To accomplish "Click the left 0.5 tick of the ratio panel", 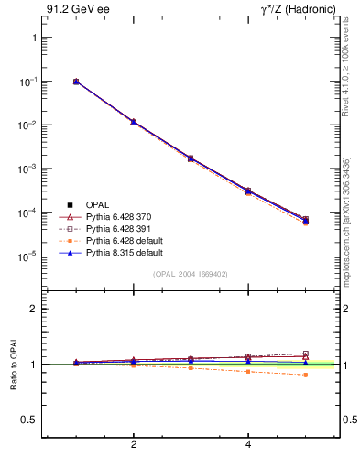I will pos(30,420).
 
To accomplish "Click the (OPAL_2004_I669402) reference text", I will pos(191,274).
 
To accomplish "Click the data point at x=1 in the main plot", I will pos(76,82).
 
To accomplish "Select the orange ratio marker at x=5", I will pos(306,375).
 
